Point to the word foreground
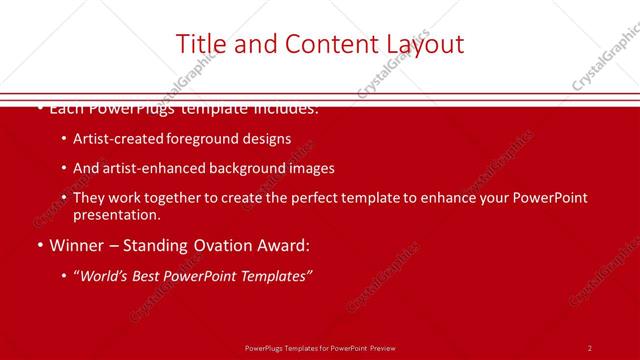click(x=199, y=139)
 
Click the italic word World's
click(x=104, y=276)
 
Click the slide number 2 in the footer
click(x=589, y=348)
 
